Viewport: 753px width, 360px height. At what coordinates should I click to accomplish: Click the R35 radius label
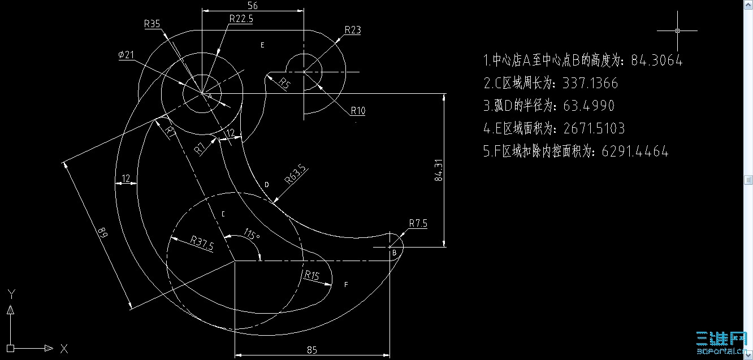click(x=152, y=24)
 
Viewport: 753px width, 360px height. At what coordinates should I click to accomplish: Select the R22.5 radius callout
click(x=241, y=19)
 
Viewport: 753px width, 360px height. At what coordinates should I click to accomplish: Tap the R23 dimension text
click(x=352, y=31)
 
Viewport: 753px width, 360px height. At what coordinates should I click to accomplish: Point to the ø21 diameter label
click(x=126, y=54)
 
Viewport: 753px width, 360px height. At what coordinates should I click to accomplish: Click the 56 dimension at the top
click(x=253, y=5)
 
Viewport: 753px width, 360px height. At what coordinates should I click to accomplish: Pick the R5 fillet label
click(x=285, y=84)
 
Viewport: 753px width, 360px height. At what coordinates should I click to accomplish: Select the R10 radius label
click(x=358, y=111)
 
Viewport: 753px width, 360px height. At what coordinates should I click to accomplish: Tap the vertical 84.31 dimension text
click(x=439, y=170)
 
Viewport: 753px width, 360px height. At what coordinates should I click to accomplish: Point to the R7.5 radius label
click(x=418, y=223)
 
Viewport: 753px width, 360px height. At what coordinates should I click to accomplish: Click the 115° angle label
click(x=252, y=233)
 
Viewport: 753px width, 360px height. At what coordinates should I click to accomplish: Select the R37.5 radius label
click(x=202, y=242)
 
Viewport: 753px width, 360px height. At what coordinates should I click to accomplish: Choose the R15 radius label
click(x=311, y=276)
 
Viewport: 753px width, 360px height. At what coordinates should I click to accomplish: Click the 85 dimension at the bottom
click(x=311, y=350)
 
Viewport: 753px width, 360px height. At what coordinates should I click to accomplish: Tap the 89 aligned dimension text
click(x=102, y=232)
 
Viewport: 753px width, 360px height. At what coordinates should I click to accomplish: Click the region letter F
click(x=346, y=285)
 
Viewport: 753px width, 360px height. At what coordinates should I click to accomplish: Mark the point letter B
click(x=395, y=253)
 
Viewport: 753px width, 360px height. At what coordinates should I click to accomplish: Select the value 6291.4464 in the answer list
click(x=635, y=151)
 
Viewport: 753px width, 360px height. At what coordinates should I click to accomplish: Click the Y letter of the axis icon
click(x=11, y=293)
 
